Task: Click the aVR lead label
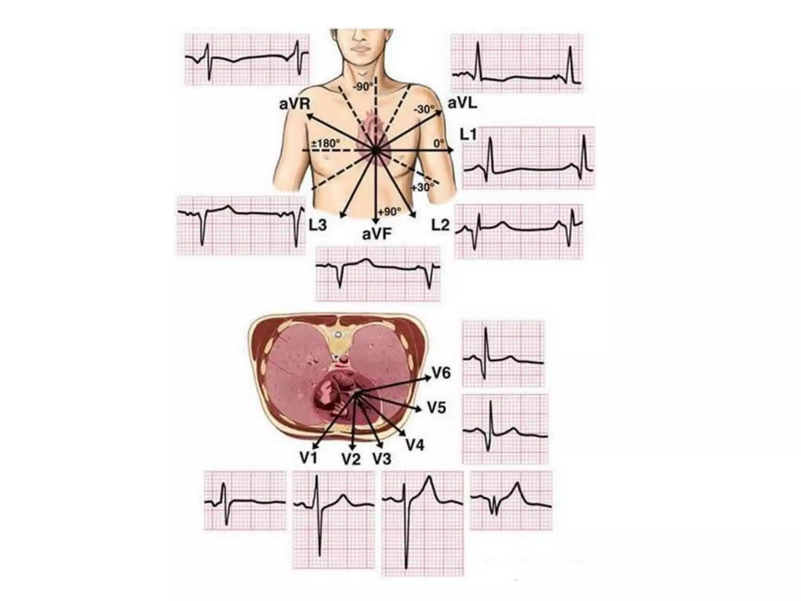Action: tap(295, 104)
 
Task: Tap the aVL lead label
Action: tap(462, 103)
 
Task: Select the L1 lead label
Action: tap(468, 135)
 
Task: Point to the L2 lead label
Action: tap(440, 225)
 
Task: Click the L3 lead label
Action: tap(317, 225)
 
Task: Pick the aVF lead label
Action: tap(377, 234)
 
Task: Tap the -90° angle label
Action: tap(363, 86)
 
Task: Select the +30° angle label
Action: tap(422, 187)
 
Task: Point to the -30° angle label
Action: tap(424, 109)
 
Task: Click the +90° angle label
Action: tap(390, 212)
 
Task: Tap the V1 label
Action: tap(309, 457)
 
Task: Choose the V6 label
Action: tap(441, 373)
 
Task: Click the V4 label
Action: tap(415, 445)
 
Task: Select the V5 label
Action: tap(436, 408)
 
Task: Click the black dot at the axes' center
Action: tap(375, 150)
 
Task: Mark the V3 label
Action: tap(382, 458)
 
